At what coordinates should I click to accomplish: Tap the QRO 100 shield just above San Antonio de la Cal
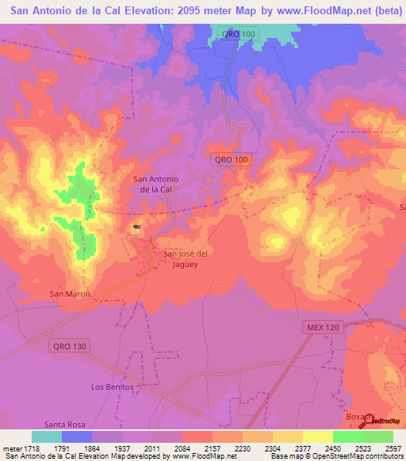point(231,159)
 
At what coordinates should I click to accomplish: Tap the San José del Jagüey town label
point(185,258)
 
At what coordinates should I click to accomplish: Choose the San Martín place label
point(71,294)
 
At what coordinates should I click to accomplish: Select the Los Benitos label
point(109,387)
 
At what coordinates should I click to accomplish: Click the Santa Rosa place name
point(64,425)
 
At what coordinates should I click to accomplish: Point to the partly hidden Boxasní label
point(354,417)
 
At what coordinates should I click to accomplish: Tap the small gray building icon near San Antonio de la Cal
point(137,228)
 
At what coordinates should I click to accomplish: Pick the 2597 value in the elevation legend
point(393,448)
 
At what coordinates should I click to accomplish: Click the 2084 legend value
point(182,448)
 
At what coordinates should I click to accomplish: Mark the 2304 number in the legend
point(272,448)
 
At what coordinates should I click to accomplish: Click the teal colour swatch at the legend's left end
point(47,436)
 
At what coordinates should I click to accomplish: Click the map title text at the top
point(203,12)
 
